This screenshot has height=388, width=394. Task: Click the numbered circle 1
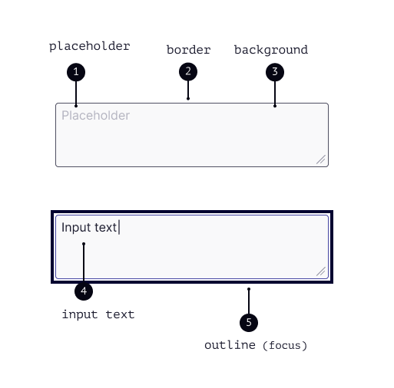click(76, 72)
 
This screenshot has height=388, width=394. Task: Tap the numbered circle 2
click(188, 71)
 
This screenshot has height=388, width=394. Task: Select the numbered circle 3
click(275, 72)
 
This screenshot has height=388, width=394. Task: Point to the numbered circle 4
click(84, 291)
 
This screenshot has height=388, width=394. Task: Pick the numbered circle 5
click(249, 323)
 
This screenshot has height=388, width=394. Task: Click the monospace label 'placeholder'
click(90, 47)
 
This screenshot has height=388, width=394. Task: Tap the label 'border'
click(189, 50)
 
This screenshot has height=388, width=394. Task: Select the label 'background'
click(271, 50)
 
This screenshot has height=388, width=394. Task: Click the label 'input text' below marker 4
click(98, 314)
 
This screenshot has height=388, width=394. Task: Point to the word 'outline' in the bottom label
click(230, 345)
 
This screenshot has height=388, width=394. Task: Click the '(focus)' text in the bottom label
click(285, 346)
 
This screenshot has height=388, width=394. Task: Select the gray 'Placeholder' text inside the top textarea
click(96, 116)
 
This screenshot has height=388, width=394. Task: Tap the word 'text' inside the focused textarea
click(106, 228)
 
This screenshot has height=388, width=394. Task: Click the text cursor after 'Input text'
click(119, 227)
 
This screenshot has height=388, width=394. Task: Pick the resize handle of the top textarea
click(321, 159)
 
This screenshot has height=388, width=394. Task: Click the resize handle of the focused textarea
click(321, 271)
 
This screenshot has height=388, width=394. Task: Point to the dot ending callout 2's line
click(188, 99)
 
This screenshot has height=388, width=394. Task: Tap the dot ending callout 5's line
click(249, 289)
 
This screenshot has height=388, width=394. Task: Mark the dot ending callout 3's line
click(275, 106)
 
